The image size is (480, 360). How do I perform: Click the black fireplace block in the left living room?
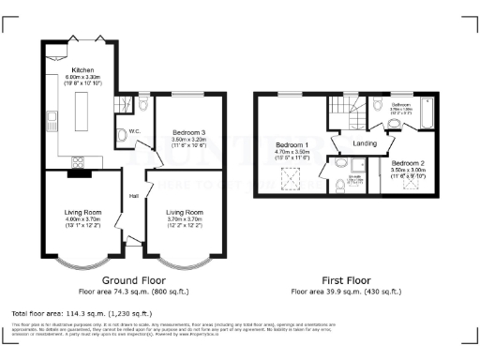(x=77, y=172)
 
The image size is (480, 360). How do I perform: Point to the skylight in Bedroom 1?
(x=289, y=177)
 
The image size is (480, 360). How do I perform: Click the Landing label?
(x=366, y=142)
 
